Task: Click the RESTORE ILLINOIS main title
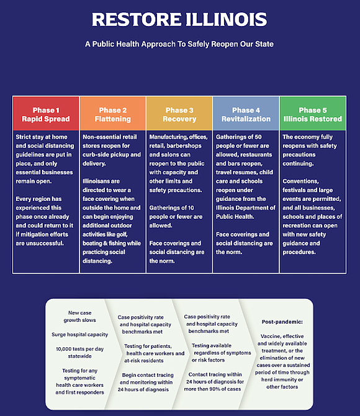(179, 19)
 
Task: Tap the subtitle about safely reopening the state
(179, 44)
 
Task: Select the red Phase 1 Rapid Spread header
(46, 113)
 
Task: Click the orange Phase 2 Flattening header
(112, 113)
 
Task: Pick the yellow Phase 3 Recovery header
(179, 113)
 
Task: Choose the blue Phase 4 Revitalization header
(246, 113)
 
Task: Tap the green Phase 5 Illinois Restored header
(313, 113)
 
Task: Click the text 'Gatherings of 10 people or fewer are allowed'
(176, 216)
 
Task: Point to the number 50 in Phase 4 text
(258, 137)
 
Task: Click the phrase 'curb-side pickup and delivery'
(112, 159)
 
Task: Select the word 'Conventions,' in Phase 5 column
(301, 181)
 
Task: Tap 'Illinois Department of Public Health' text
(246, 212)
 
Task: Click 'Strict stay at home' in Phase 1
(42, 137)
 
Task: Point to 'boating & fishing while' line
(112, 243)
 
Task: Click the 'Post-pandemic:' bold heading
(282, 322)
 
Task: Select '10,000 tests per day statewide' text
(79, 353)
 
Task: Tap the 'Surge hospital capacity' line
(79, 335)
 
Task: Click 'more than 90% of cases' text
(212, 389)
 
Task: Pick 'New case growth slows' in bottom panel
(79, 317)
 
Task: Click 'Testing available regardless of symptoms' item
(222, 349)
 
